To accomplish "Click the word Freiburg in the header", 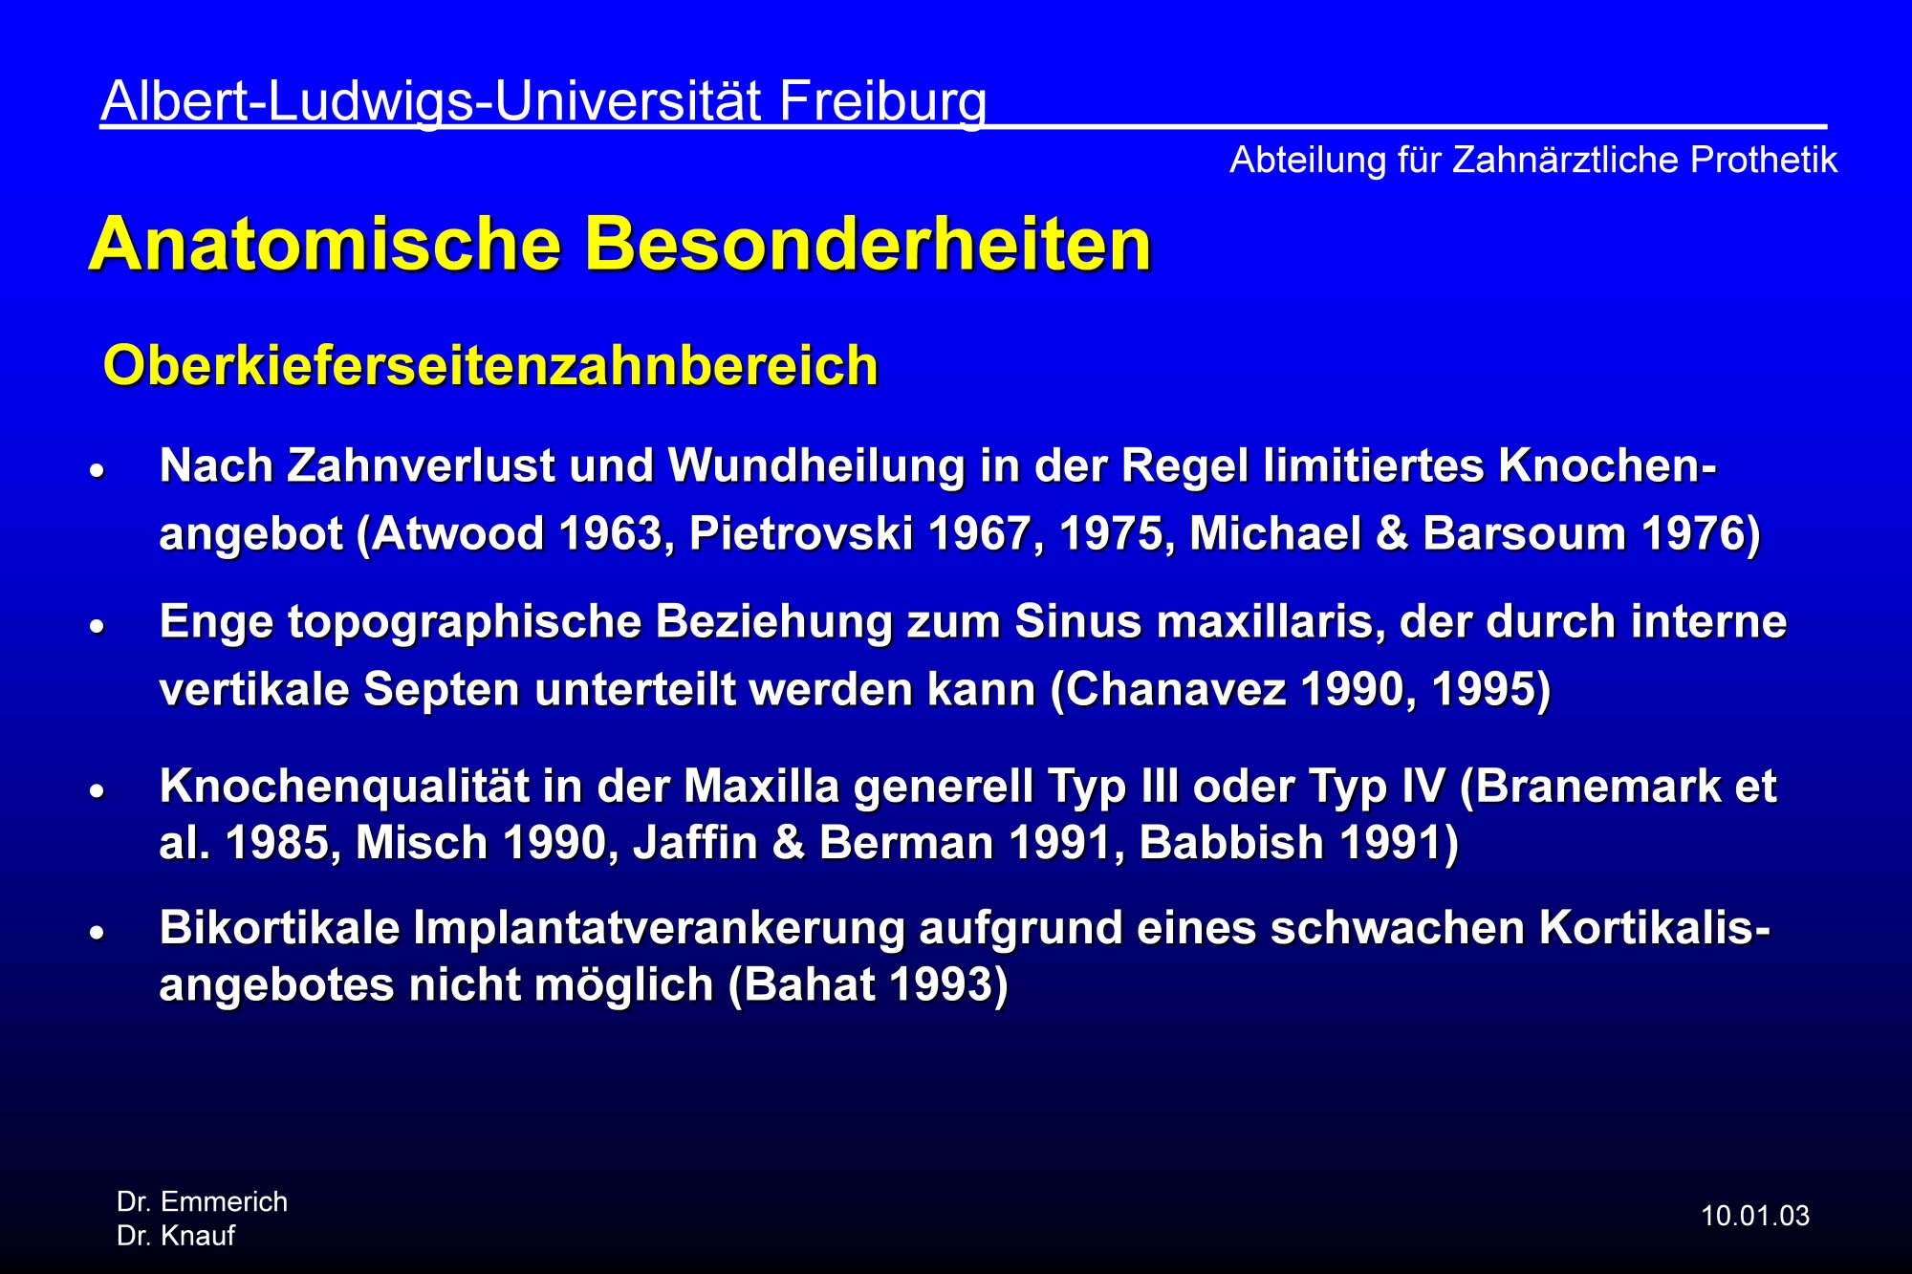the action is coord(882,102).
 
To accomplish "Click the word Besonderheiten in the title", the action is coord(868,245).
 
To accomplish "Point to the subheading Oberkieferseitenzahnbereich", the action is coord(490,366).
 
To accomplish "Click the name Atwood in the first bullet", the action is coord(458,534).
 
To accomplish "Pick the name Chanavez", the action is coord(1176,690).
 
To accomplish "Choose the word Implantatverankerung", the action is coord(658,929).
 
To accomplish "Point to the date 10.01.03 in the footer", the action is coord(1755,1217).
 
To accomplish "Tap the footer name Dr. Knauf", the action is coord(176,1237).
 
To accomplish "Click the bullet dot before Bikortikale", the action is coord(97,933).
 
